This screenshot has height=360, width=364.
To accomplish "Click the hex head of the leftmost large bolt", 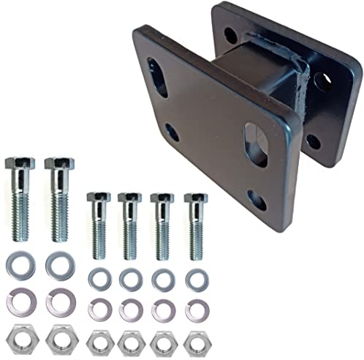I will (x=20, y=163).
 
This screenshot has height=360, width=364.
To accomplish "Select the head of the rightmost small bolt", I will (x=195, y=198).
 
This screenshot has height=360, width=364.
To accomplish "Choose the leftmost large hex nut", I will (x=20, y=338).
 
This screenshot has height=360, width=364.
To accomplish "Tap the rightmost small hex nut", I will (x=195, y=340).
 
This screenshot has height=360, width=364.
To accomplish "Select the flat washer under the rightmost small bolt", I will (x=195, y=279).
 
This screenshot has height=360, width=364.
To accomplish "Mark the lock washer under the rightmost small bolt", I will (x=195, y=310).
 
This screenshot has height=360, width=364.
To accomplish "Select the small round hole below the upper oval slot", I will (x=172, y=132).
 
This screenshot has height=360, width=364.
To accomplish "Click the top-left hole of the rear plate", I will (x=230, y=34).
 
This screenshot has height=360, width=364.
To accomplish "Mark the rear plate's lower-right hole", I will (x=314, y=140).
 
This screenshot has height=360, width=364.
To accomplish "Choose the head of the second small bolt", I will (x=130, y=198).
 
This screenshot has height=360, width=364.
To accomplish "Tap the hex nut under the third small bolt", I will (x=163, y=340).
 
